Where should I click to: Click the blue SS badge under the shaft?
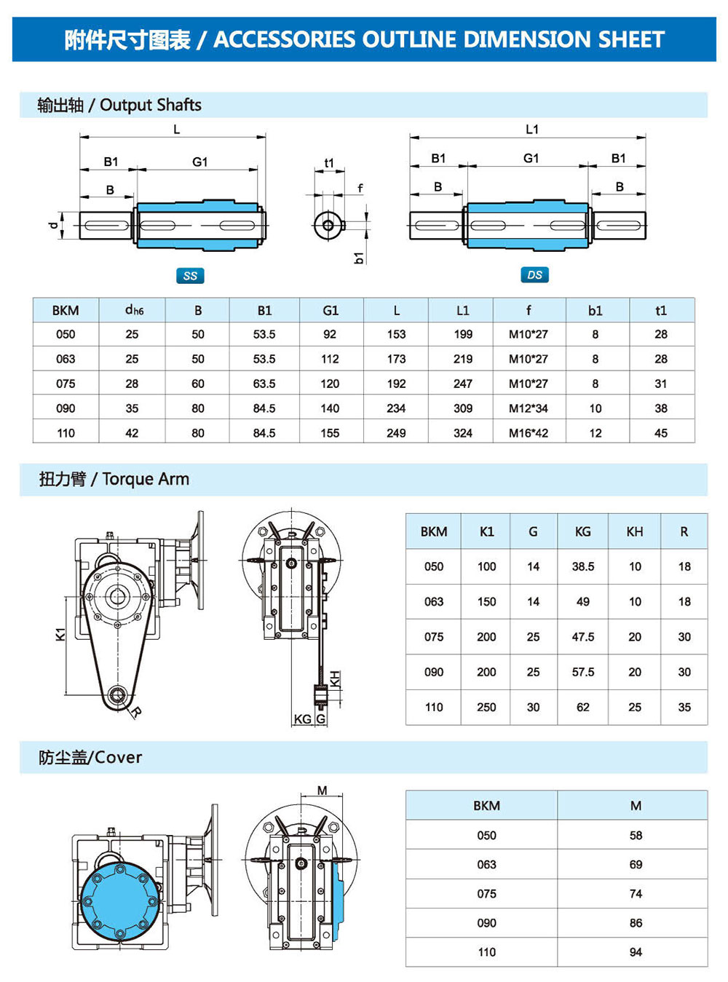point(190,276)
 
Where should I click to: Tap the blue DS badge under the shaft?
point(534,275)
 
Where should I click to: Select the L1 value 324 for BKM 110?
point(463,433)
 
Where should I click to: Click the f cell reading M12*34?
point(529,408)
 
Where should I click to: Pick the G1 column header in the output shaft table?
point(331,310)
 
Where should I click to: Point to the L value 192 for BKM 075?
point(396,384)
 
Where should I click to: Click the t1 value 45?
point(661,433)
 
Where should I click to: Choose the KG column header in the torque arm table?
point(582,531)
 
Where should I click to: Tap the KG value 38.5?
point(582,566)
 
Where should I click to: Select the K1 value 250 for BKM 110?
point(486,707)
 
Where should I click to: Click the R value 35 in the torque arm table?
point(684,707)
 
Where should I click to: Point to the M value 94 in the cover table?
point(636,952)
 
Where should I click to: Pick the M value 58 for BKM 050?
point(636,836)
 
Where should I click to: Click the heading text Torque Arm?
point(146,479)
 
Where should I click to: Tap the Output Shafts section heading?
point(150,105)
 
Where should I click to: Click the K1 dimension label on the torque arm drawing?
point(60,634)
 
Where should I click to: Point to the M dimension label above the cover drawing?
point(323,791)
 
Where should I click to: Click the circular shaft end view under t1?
point(328,225)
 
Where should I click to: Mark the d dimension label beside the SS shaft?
point(53,225)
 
